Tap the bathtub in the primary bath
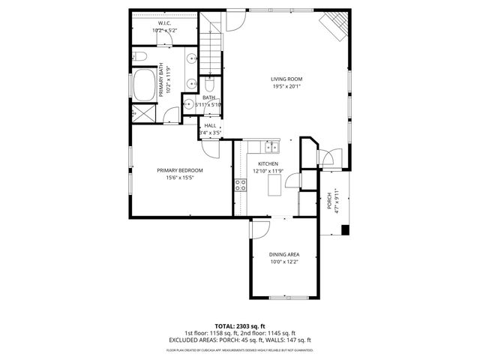[x=144, y=83]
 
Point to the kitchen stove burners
[x=241, y=185]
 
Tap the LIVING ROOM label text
[x=286, y=78]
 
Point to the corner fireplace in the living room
[x=334, y=27]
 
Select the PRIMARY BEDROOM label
[x=180, y=170]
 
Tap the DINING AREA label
[x=284, y=255]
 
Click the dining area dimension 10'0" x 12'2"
[x=284, y=262]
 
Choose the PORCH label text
[x=329, y=201]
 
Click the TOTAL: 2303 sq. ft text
[x=239, y=326]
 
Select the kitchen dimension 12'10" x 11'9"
[x=269, y=171]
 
